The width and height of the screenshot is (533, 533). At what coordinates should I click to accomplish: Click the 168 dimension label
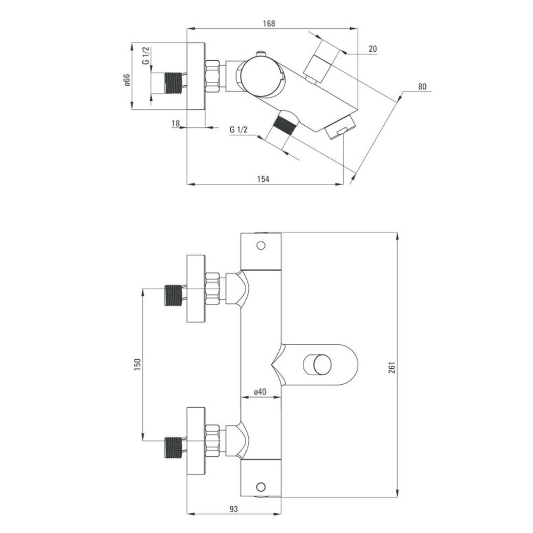(x=269, y=23)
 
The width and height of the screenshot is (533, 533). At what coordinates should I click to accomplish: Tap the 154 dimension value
(x=263, y=179)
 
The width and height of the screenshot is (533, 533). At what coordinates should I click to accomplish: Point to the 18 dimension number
(x=175, y=123)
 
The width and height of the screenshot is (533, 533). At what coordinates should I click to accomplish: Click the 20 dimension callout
(x=373, y=49)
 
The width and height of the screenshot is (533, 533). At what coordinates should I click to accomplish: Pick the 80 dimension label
(x=422, y=86)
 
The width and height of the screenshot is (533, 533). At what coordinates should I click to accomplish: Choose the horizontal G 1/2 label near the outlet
(x=239, y=130)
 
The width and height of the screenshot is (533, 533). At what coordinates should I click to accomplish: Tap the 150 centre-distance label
(x=138, y=364)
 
